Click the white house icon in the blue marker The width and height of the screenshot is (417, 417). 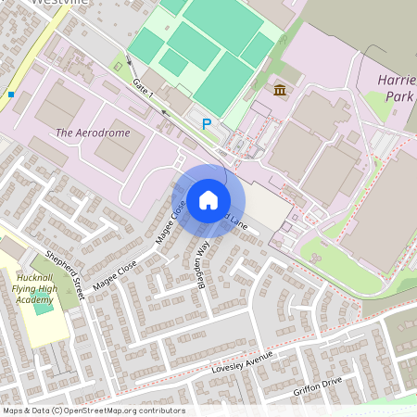208,199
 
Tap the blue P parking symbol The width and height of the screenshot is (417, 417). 207,123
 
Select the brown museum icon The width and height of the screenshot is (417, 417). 280,90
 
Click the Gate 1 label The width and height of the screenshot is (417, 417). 143,89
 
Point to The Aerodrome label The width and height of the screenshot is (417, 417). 93,133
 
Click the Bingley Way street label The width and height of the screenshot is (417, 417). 200,262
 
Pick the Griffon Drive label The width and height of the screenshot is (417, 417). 318,382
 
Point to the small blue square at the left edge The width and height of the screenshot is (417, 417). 11,94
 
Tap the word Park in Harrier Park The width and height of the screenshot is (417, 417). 398,96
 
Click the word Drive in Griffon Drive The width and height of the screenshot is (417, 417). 331,379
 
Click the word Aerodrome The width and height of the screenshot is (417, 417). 104,133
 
